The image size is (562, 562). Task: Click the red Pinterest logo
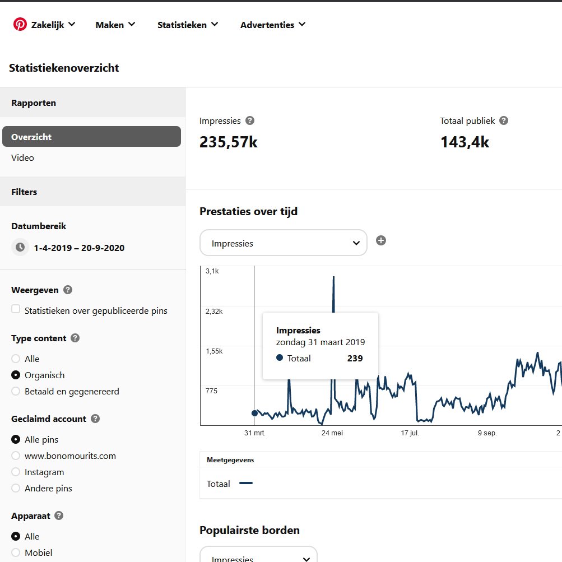click(x=20, y=24)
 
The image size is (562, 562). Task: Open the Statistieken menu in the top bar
click(x=188, y=25)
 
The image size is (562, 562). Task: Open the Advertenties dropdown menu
click(x=273, y=25)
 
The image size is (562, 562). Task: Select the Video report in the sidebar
click(x=22, y=157)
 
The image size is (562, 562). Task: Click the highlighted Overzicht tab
click(x=91, y=137)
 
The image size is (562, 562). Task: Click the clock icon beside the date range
click(x=20, y=247)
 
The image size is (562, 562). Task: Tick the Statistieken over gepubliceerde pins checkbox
click(x=16, y=309)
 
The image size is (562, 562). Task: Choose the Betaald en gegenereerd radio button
click(x=16, y=391)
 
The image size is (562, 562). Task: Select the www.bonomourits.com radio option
click(x=16, y=456)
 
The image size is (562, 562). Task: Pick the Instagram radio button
click(x=16, y=472)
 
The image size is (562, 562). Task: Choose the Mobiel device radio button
click(x=16, y=552)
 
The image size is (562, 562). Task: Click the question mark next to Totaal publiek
click(x=504, y=121)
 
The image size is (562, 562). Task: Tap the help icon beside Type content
click(x=75, y=338)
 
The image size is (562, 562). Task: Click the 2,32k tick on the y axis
click(x=214, y=311)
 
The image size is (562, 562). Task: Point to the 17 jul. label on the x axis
click(x=410, y=433)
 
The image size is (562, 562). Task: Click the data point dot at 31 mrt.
click(x=255, y=414)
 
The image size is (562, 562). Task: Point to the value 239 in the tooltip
click(x=355, y=359)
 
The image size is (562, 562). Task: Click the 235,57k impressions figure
click(x=228, y=142)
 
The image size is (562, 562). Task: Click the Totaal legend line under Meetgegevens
click(x=246, y=483)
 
